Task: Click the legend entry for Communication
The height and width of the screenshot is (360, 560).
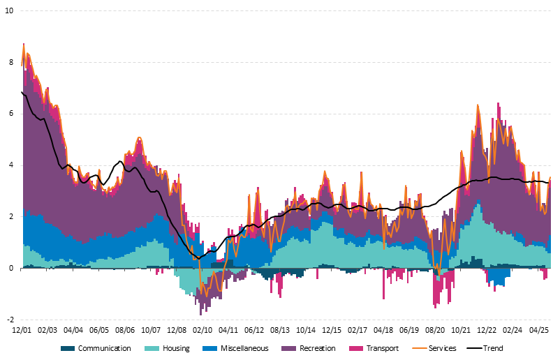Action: [104, 348]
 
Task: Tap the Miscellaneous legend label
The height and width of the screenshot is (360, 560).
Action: [240, 348]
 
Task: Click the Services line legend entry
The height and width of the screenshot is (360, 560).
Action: [441, 348]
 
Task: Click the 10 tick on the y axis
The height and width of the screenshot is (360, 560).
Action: [9, 11]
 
